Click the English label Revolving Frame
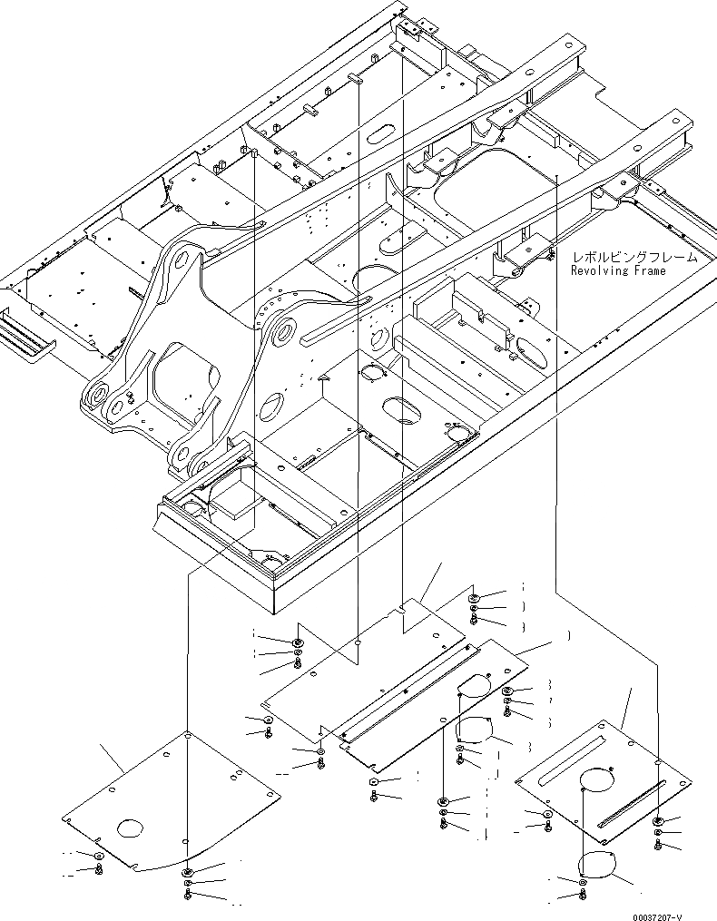pyautogui.click(x=618, y=270)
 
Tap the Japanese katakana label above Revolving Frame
pyautogui.click(x=629, y=257)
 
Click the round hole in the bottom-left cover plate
pyautogui.click(x=130, y=828)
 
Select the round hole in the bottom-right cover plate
pyautogui.click(x=598, y=778)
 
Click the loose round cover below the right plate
pyautogui.click(x=598, y=867)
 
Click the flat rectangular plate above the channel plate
pyautogui.click(x=363, y=662)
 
